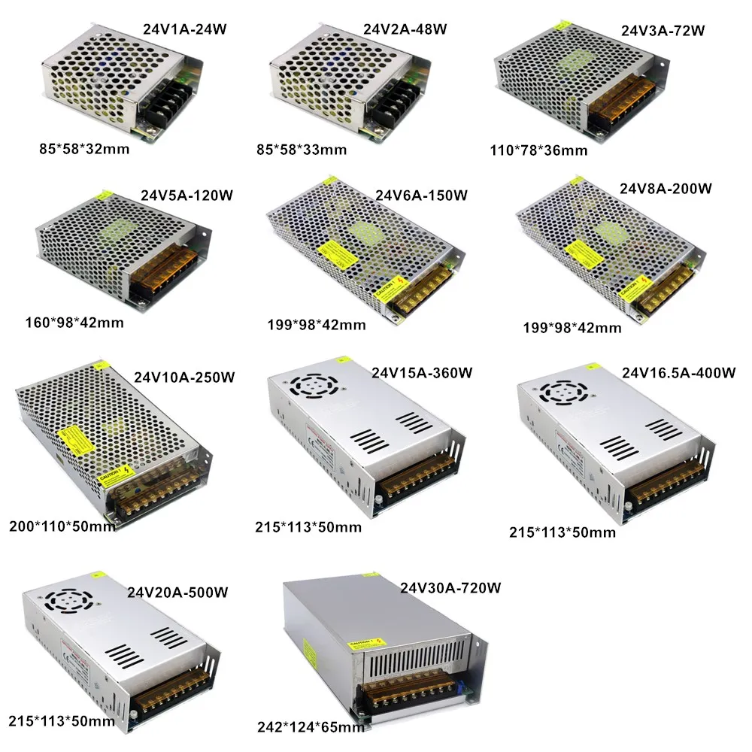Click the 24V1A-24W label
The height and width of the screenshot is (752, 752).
[184, 29]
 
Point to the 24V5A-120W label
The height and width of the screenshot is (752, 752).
[186, 196]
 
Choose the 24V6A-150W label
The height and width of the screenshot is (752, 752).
[421, 196]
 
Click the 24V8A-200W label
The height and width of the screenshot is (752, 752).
[666, 187]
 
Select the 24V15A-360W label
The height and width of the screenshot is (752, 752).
[422, 372]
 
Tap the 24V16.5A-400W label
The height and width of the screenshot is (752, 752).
[678, 373]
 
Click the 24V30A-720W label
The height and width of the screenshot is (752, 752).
[450, 587]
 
